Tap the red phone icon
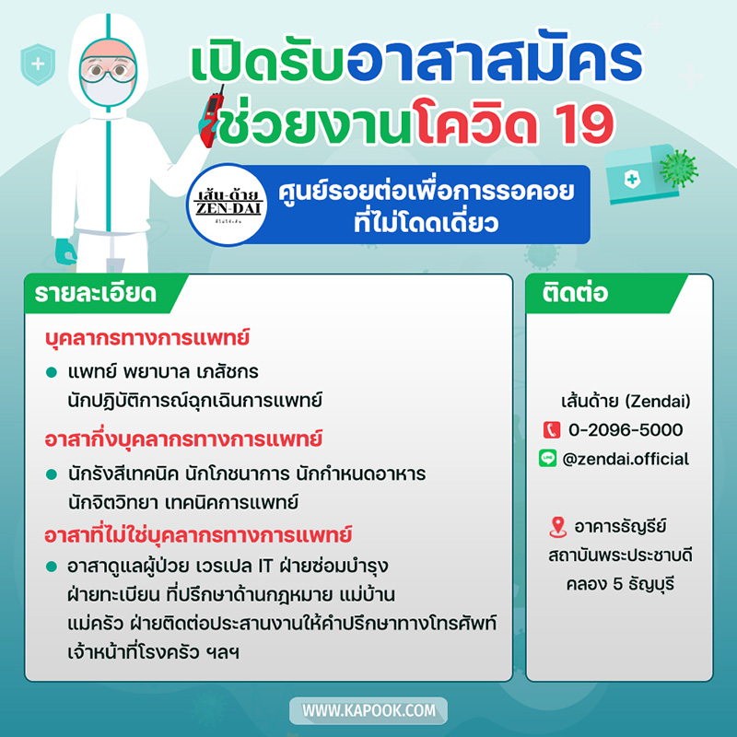(552, 429)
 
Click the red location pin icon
(556, 527)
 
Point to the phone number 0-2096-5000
(626, 429)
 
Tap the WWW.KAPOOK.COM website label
(368, 711)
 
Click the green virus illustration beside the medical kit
(679, 168)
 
